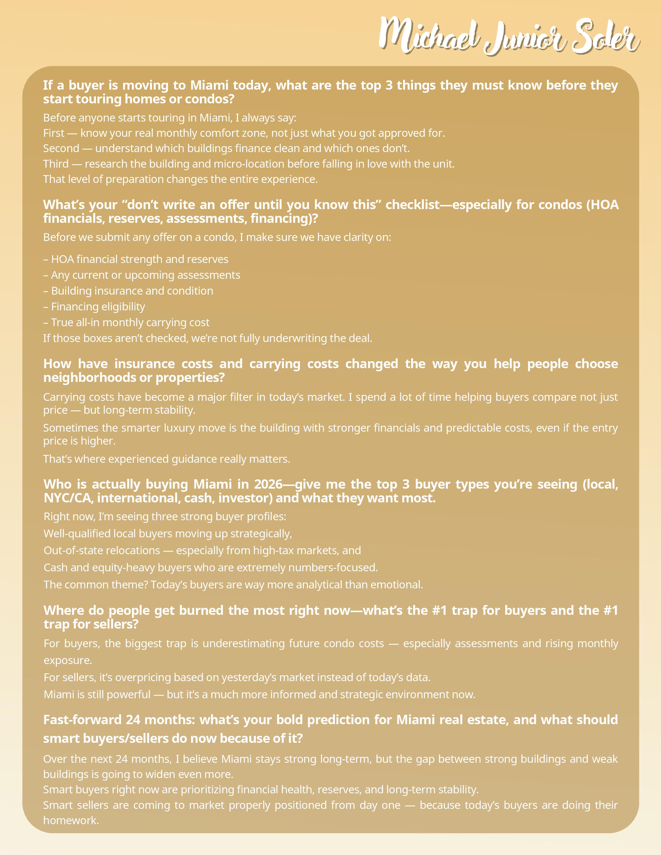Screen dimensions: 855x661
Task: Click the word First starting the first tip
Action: (x=54, y=133)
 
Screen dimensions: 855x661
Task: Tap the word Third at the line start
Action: (x=56, y=164)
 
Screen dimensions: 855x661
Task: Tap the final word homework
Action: (x=71, y=820)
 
